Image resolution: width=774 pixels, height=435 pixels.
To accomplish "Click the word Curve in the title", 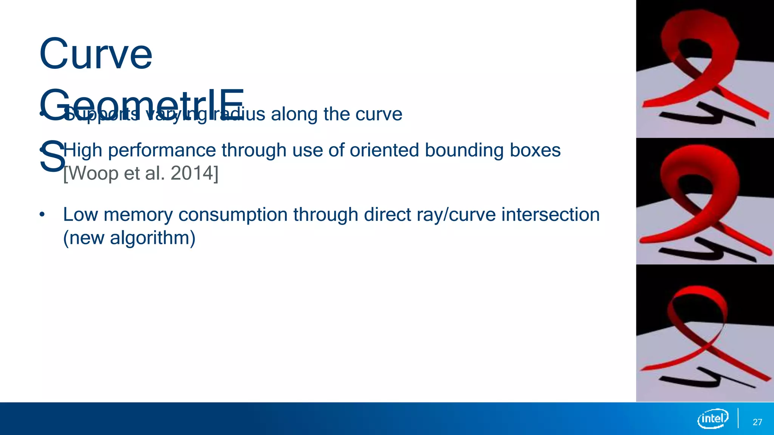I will tap(96, 54).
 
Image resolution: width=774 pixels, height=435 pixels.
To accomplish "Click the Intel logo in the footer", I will tap(712, 418).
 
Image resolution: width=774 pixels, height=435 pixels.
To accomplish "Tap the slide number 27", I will tap(757, 422).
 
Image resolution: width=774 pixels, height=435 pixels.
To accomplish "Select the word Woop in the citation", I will tap(93, 173).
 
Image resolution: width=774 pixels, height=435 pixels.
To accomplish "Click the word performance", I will tap(161, 150).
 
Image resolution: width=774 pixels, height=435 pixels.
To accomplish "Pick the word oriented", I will tap(384, 150).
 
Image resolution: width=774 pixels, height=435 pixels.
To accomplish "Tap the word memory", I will tap(138, 215).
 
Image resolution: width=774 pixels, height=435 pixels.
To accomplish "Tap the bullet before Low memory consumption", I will tap(42, 215).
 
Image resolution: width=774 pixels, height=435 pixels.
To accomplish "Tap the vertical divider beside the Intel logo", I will tap(738, 418).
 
